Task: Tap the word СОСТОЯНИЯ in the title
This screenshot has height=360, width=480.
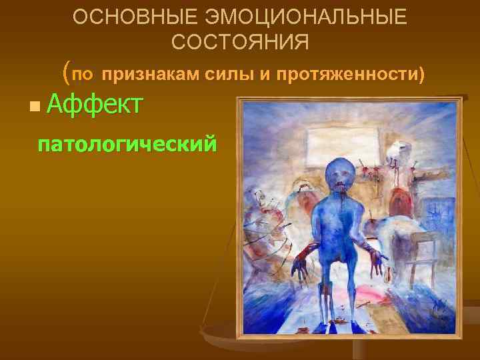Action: pos(240,43)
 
